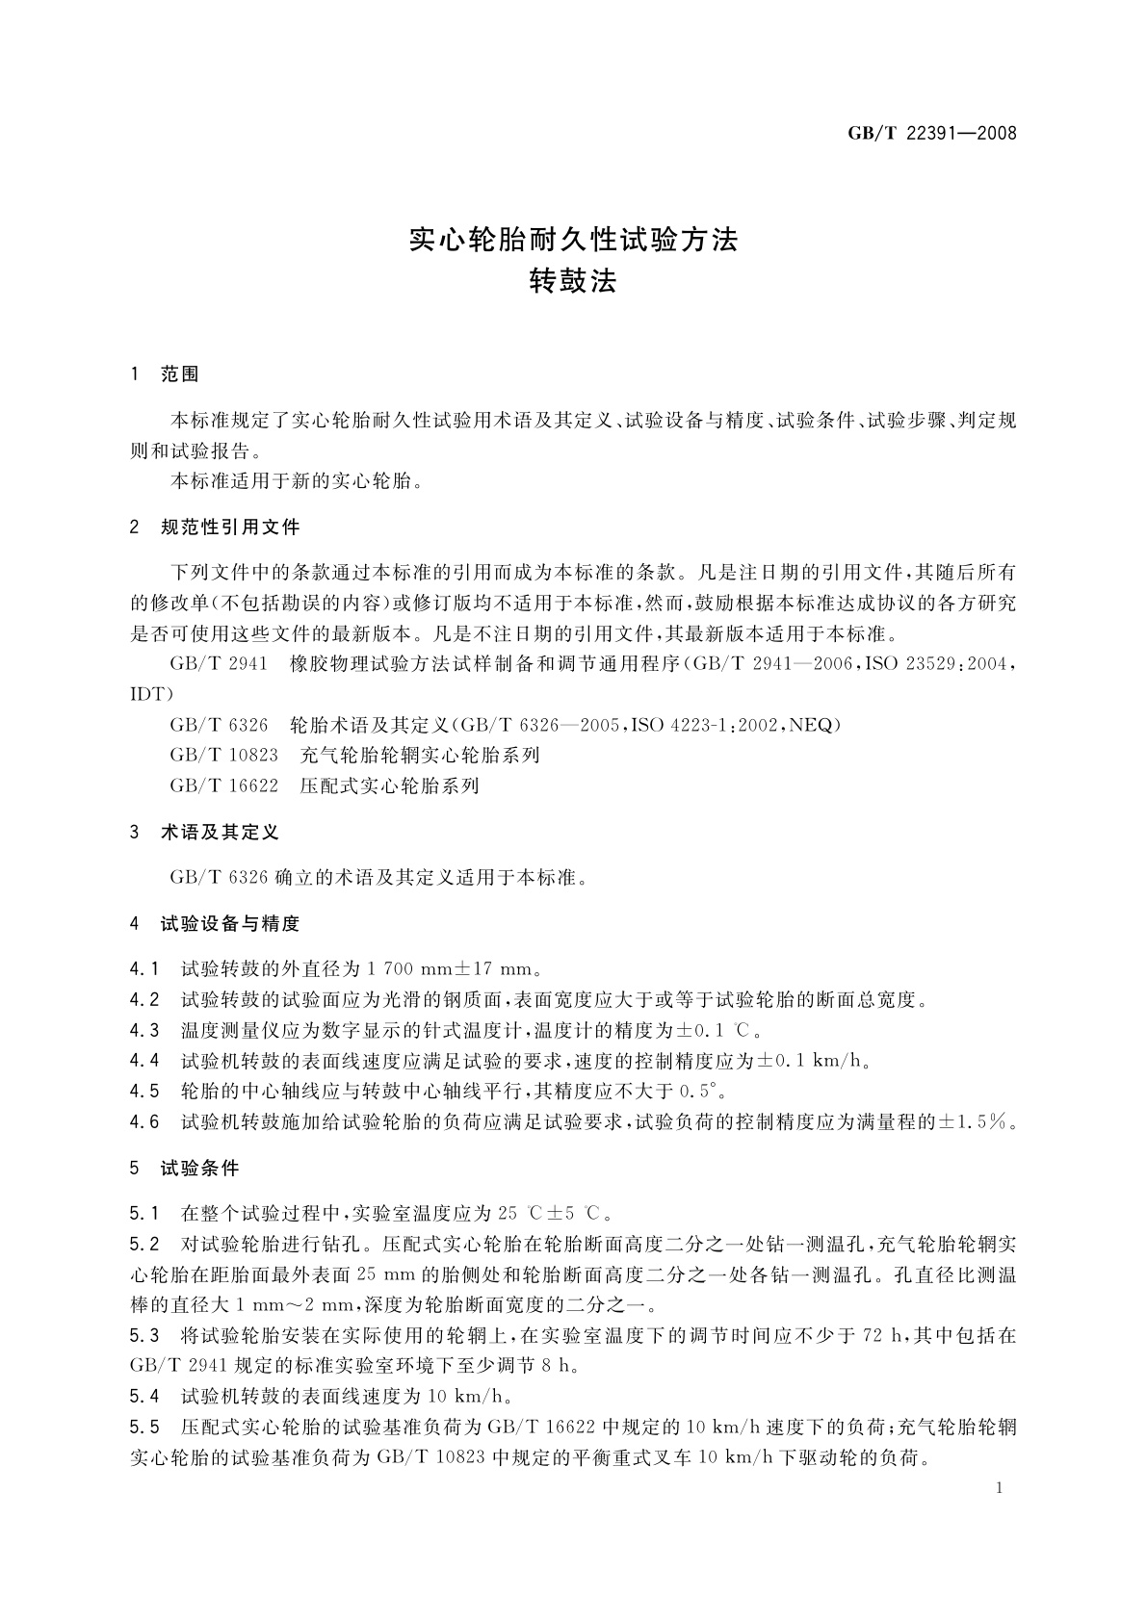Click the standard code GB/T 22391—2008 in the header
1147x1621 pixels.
[x=931, y=133]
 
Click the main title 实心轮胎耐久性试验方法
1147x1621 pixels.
[x=573, y=240]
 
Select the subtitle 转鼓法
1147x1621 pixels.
[x=573, y=282]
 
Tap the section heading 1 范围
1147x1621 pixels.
[x=165, y=375]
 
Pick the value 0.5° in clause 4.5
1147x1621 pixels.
[x=701, y=1092]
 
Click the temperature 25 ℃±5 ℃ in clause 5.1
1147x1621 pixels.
[x=556, y=1213]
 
